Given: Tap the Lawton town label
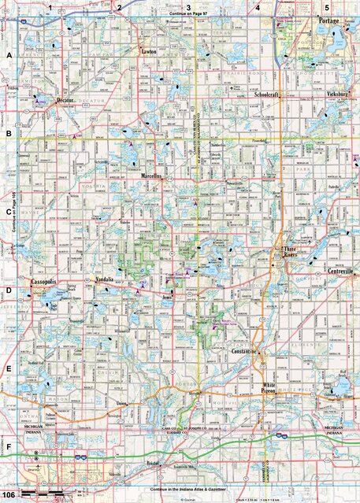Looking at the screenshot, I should tap(149, 52).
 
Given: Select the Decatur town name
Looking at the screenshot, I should tap(70, 102).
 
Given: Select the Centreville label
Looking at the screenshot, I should tap(340, 271).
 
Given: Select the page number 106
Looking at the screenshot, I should tap(9, 494).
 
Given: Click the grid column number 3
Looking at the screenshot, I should tap(187, 7).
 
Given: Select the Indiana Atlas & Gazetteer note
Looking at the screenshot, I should tap(180, 490).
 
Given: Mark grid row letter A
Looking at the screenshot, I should tap(8, 56).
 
